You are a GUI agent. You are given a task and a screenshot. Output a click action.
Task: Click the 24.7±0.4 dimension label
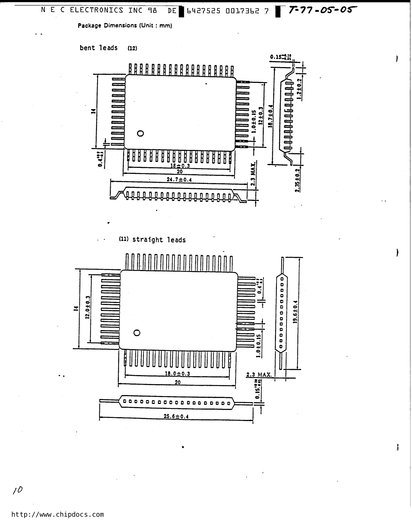click(179, 180)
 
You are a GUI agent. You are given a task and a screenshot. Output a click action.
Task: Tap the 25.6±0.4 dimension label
click(176, 416)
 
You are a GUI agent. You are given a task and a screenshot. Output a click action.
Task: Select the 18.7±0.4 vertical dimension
click(270, 116)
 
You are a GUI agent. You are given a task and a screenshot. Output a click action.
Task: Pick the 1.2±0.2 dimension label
click(299, 89)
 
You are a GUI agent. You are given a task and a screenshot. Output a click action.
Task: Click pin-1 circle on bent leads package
click(140, 133)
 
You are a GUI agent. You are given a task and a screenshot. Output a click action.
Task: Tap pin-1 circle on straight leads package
click(137, 333)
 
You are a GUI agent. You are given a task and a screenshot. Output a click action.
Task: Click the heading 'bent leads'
click(99, 48)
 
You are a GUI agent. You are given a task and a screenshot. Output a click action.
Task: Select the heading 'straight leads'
click(159, 240)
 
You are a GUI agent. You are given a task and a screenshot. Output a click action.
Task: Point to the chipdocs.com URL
click(57, 514)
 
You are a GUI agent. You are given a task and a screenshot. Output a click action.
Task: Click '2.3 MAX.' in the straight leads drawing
click(259, 375)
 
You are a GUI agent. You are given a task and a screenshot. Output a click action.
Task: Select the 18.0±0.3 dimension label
click(177, 373)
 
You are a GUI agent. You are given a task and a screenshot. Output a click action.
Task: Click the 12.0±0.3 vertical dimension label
click(88, 308)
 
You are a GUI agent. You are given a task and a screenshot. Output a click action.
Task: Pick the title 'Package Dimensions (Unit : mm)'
click(125, 26)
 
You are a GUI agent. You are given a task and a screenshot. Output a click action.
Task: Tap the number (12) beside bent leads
click(132, 48)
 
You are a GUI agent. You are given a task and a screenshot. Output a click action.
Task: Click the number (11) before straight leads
click(124, 239)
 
